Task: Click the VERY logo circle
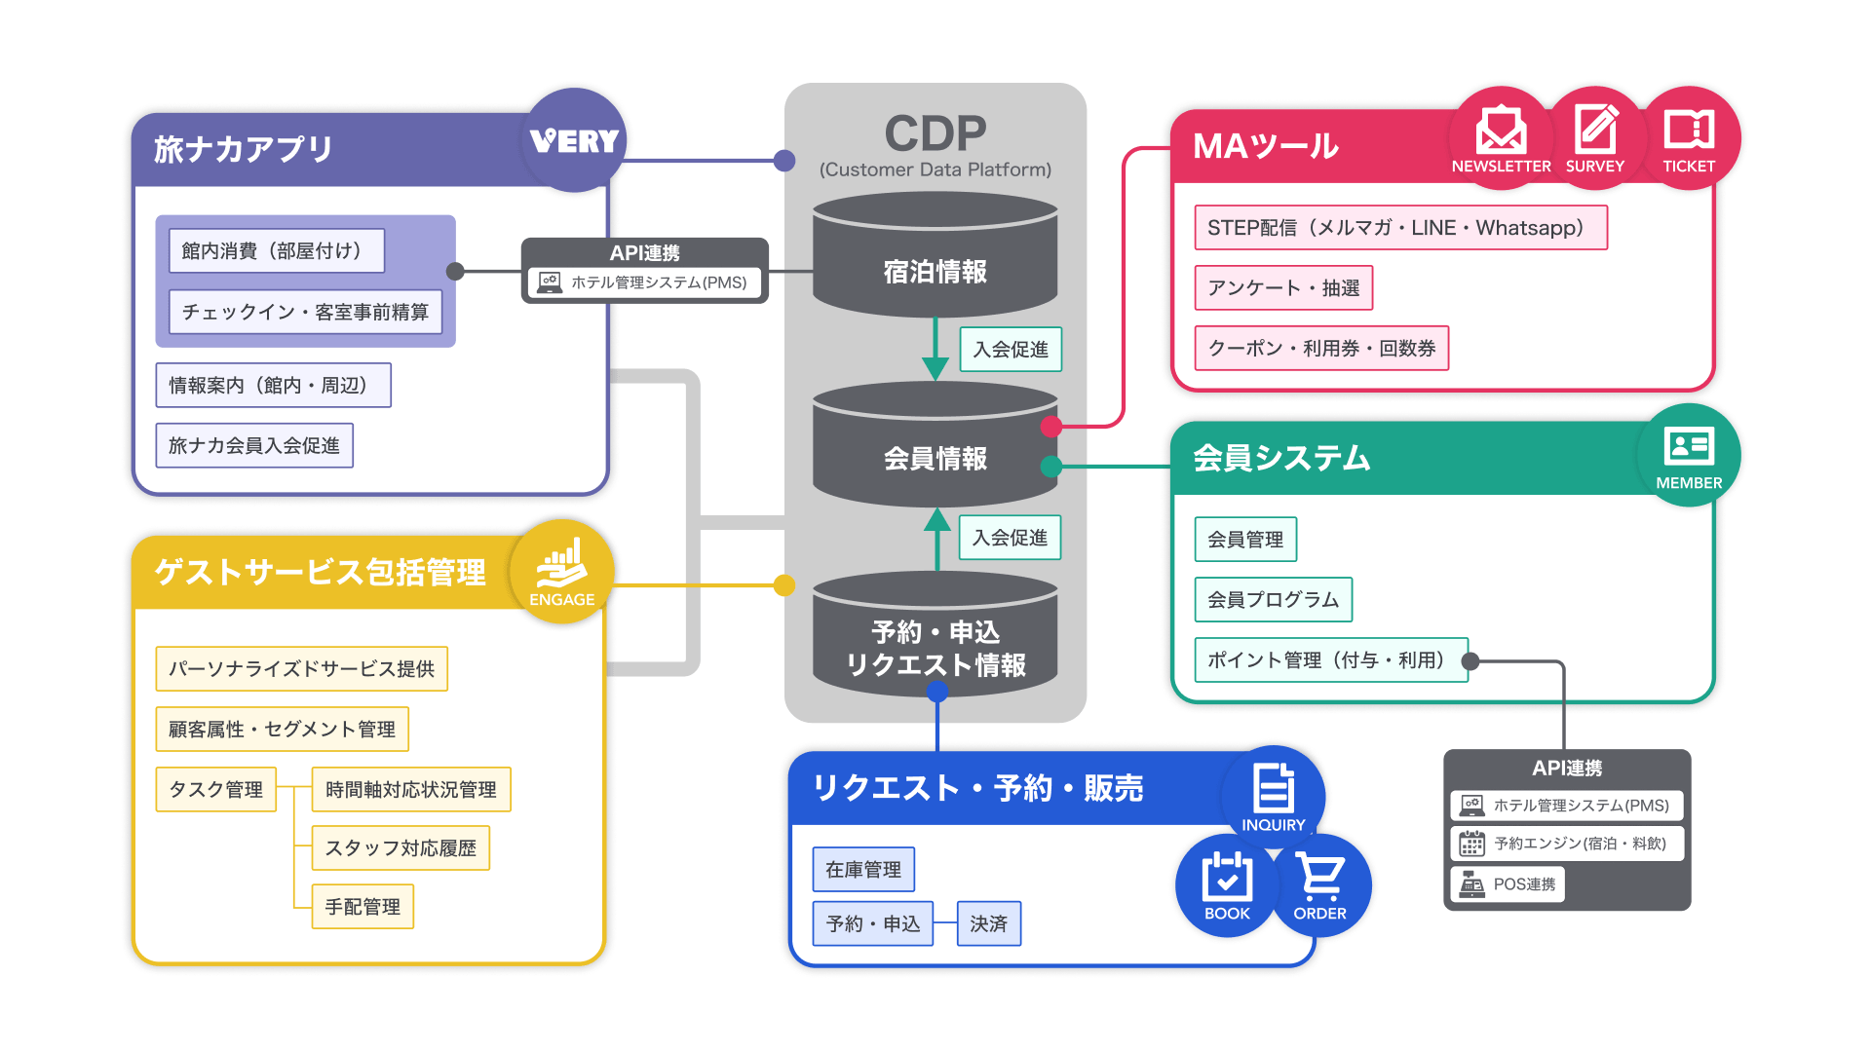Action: [575, 140]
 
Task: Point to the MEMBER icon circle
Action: [1689, 456]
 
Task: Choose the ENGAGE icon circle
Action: [562, 573]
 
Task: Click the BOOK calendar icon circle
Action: [1227, 884]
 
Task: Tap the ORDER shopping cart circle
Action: [1320, 884]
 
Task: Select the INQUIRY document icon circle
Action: [1273, 795]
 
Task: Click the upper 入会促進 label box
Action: [1011, 350]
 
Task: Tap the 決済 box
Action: [988, 923]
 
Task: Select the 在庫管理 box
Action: [863, 869]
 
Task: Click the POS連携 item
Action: [1508, 884]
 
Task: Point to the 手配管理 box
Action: [363, 907]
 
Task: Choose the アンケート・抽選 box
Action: [1283, 288]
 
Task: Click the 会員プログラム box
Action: [1273, 600]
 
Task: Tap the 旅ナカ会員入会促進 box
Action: [254, 446]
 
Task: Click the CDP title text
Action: [935, 134]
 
